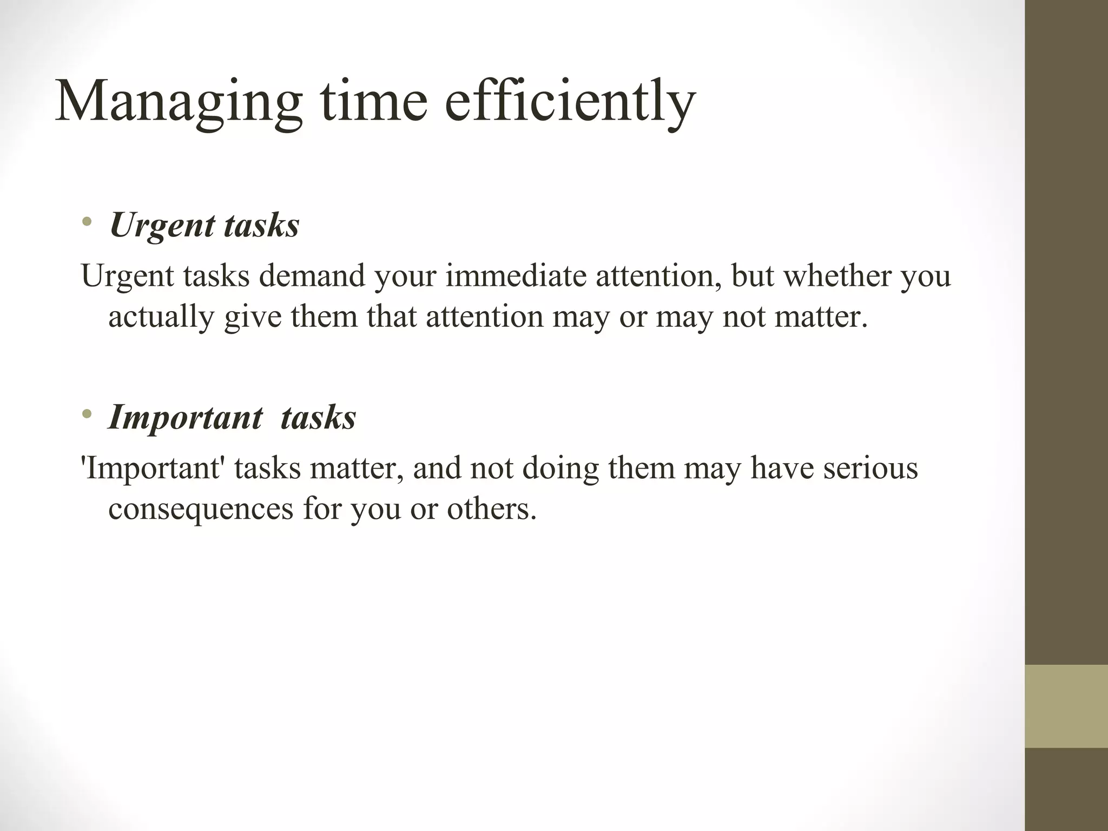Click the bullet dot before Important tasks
pos(87,414)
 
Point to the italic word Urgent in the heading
pos(162,225)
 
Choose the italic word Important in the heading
pos(186,418)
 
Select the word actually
pos(161,318)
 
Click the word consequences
pos(200,509)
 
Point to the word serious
pos(870,468)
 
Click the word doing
pos(560,469)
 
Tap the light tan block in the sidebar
pos(1066,706)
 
